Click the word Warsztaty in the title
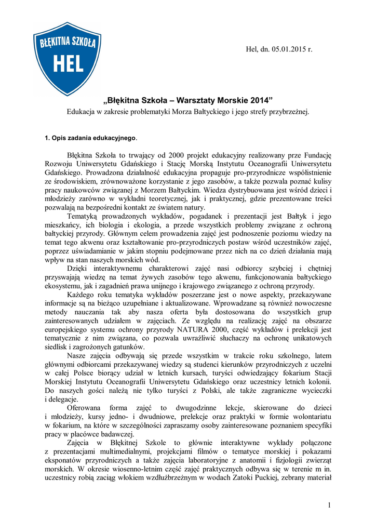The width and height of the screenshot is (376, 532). pyautogui.click(x=203, y=99)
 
